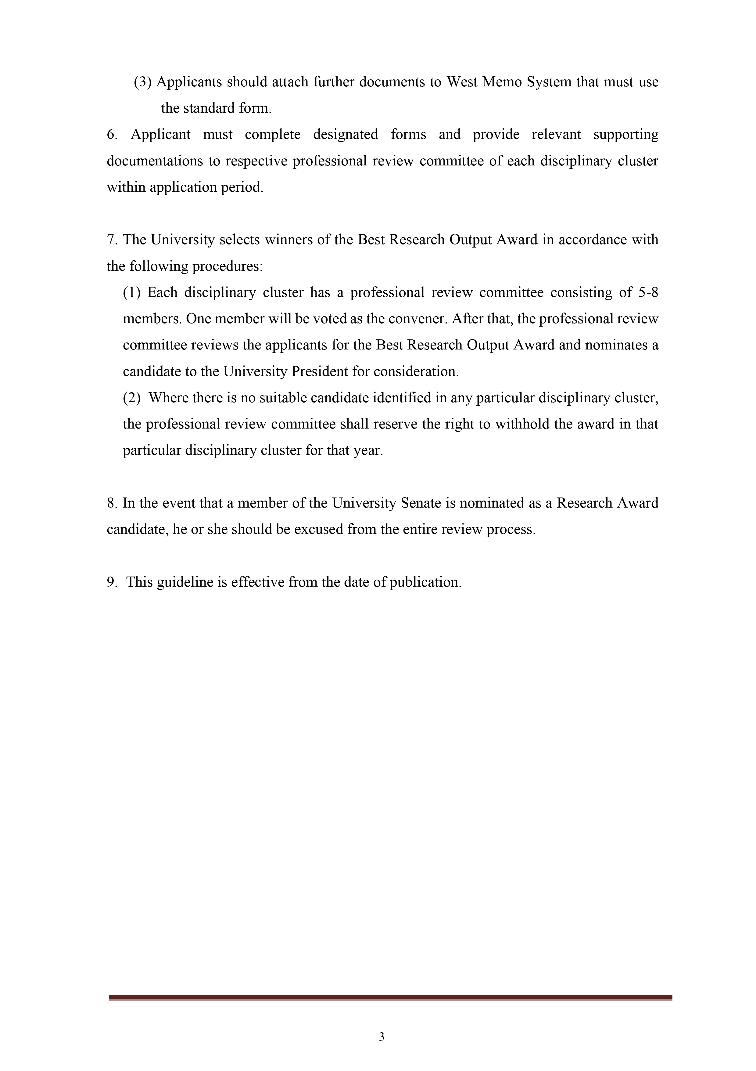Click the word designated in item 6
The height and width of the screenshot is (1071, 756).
[346, 135]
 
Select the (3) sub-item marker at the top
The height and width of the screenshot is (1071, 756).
[143, 82]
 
